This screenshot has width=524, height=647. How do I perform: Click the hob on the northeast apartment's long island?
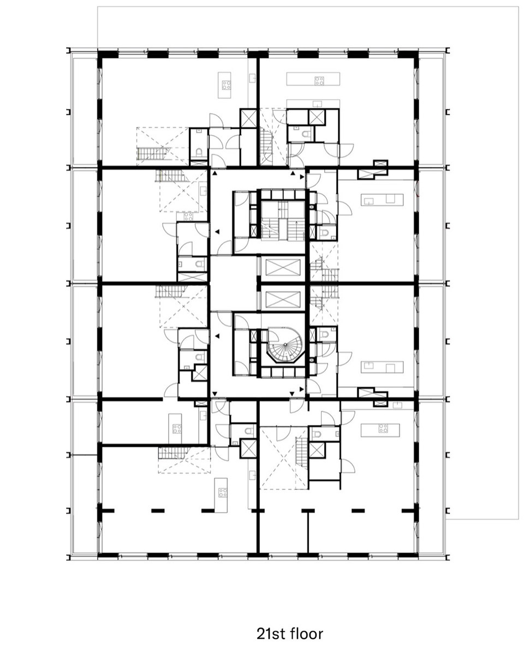[319, 81]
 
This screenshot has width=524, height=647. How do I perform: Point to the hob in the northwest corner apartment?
[227, 85]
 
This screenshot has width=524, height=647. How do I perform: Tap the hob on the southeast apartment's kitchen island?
[383, 428]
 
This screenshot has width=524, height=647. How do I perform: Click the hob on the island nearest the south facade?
[223, 492]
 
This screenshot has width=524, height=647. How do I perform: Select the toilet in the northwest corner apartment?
[199, 153]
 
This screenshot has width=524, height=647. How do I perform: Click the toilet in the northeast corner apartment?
[305, 134]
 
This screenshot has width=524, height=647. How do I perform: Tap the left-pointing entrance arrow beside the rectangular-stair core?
[216, 232]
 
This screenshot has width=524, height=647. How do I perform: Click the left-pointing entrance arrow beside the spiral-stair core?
[216, 337]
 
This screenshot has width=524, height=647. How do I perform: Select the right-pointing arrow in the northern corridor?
[302, 177]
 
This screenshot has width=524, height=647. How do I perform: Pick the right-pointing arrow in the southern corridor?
[302, 389]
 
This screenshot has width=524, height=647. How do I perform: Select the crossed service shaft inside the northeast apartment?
[316, 117]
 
